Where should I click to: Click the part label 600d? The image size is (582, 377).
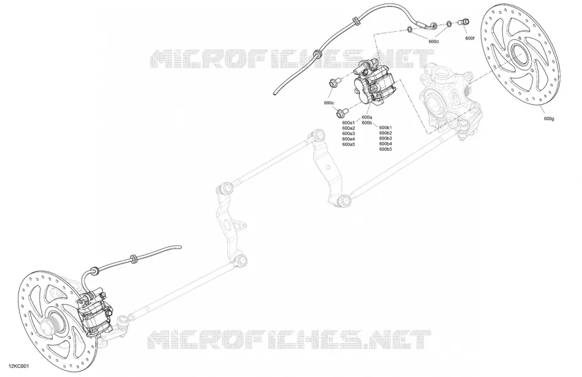coord(433,42)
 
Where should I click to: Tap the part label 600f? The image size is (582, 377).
coord(469,38)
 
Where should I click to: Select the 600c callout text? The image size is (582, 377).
coord(329,102)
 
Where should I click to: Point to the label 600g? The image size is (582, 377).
coord(549,118)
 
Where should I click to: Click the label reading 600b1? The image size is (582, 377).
coord(385,128)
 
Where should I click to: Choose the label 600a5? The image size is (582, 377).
coord(349,144)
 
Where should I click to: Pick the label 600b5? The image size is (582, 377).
coord(385,150)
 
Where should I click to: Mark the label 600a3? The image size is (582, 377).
coord(349,134)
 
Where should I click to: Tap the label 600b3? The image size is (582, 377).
coord(385,139)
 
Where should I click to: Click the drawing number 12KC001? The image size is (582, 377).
coord(20,366)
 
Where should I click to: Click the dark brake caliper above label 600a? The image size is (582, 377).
coord(371,84)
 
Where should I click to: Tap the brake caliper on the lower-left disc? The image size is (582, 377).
coord(94,310)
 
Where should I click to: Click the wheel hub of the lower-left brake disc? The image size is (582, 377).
coord(52,323)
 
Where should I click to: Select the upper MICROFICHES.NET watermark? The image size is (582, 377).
coord(292,59)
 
